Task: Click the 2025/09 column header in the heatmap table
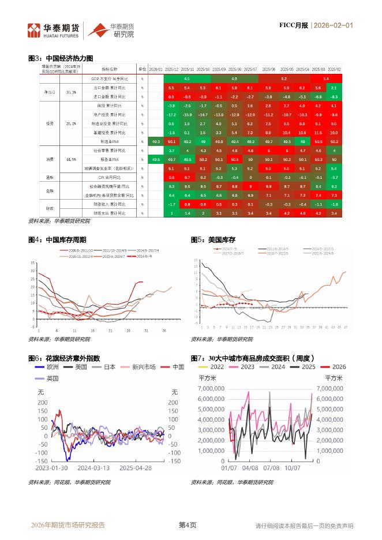219,69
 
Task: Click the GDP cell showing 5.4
326,78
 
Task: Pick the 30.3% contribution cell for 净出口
71,92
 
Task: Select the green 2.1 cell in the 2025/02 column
335,87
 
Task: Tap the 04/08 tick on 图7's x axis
250,468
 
